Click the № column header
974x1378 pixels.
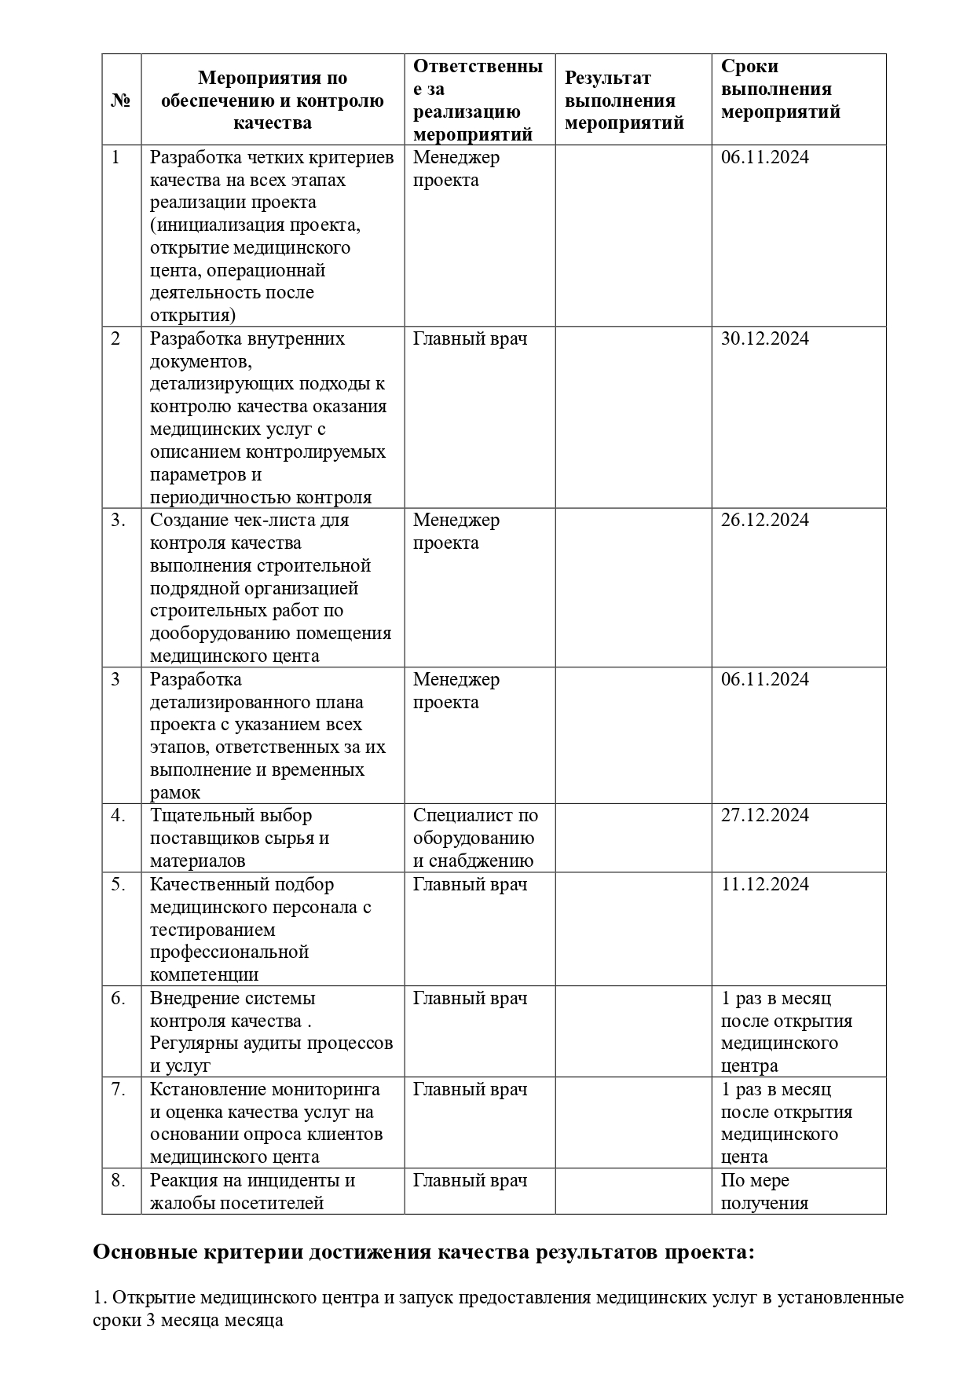pos(121,101)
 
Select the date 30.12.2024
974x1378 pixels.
pos(764,339)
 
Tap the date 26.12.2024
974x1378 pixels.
pos(764,521)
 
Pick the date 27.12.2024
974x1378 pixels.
pos(764,816)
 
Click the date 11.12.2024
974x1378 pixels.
pos(764,885)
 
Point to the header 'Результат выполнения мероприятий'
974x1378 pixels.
pos(624,101)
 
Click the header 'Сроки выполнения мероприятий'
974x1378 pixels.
pos(780,90)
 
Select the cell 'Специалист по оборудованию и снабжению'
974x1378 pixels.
pos(474,839)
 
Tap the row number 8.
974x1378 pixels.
pos(118,1181)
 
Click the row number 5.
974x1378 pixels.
pos(118,885)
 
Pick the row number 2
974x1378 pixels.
pos(116,339)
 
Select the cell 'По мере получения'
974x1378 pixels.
pos(763,1192)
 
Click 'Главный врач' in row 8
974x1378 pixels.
pos(470,1181)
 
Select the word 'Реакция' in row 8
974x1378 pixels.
pos(181,1181)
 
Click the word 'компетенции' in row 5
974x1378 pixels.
pos(204,976)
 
